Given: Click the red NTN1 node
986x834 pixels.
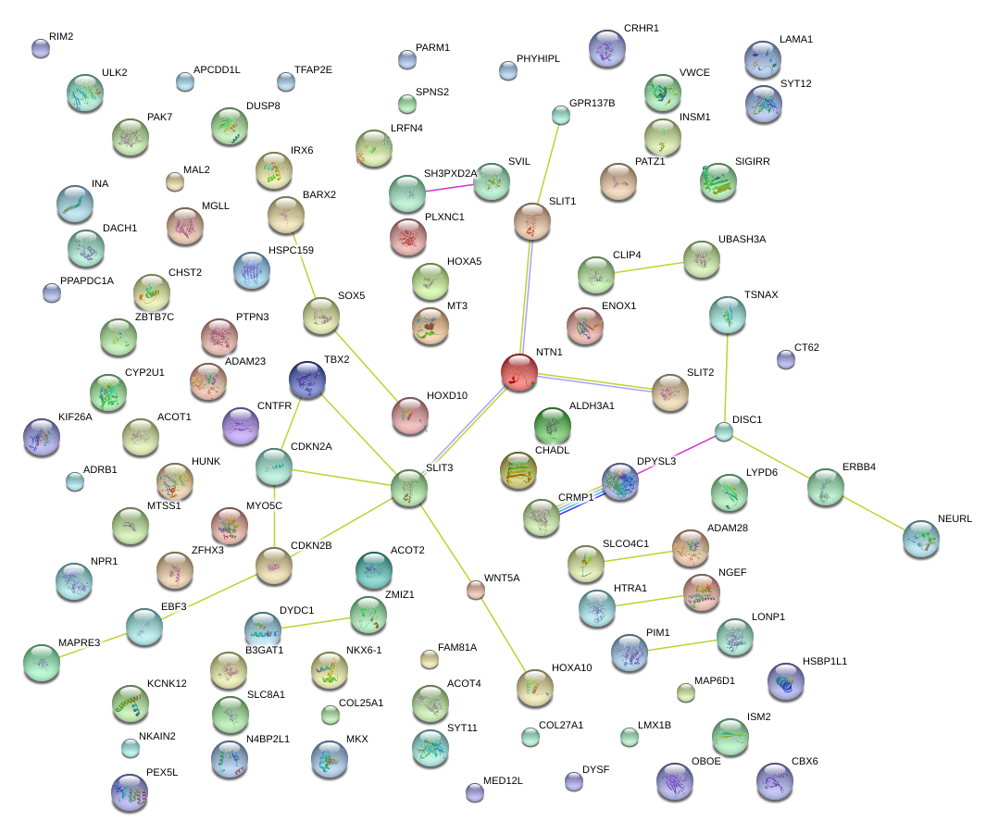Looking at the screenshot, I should point(519,371).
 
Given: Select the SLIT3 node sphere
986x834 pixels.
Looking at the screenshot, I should point(408,488).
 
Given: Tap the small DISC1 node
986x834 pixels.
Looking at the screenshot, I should point(724,431).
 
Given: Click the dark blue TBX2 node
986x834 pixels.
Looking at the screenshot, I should point(306,379).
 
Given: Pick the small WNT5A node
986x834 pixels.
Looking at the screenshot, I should point(475,590).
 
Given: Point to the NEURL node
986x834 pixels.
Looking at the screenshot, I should point(921,539).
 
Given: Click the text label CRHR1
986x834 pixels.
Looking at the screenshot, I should point(641,29).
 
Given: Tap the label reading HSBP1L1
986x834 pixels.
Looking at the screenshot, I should point(825,662).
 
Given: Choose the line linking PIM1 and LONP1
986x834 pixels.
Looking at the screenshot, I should point(682,644).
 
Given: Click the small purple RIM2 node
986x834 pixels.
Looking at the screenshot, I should point(40,48).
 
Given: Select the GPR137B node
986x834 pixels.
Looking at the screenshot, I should point(560,115).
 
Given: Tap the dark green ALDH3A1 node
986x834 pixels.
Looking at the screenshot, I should point(553,426).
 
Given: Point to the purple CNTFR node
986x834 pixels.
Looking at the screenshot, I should point(241,425).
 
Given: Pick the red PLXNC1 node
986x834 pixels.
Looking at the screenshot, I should point(408,237).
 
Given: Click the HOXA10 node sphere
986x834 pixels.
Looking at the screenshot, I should point(534,686).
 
